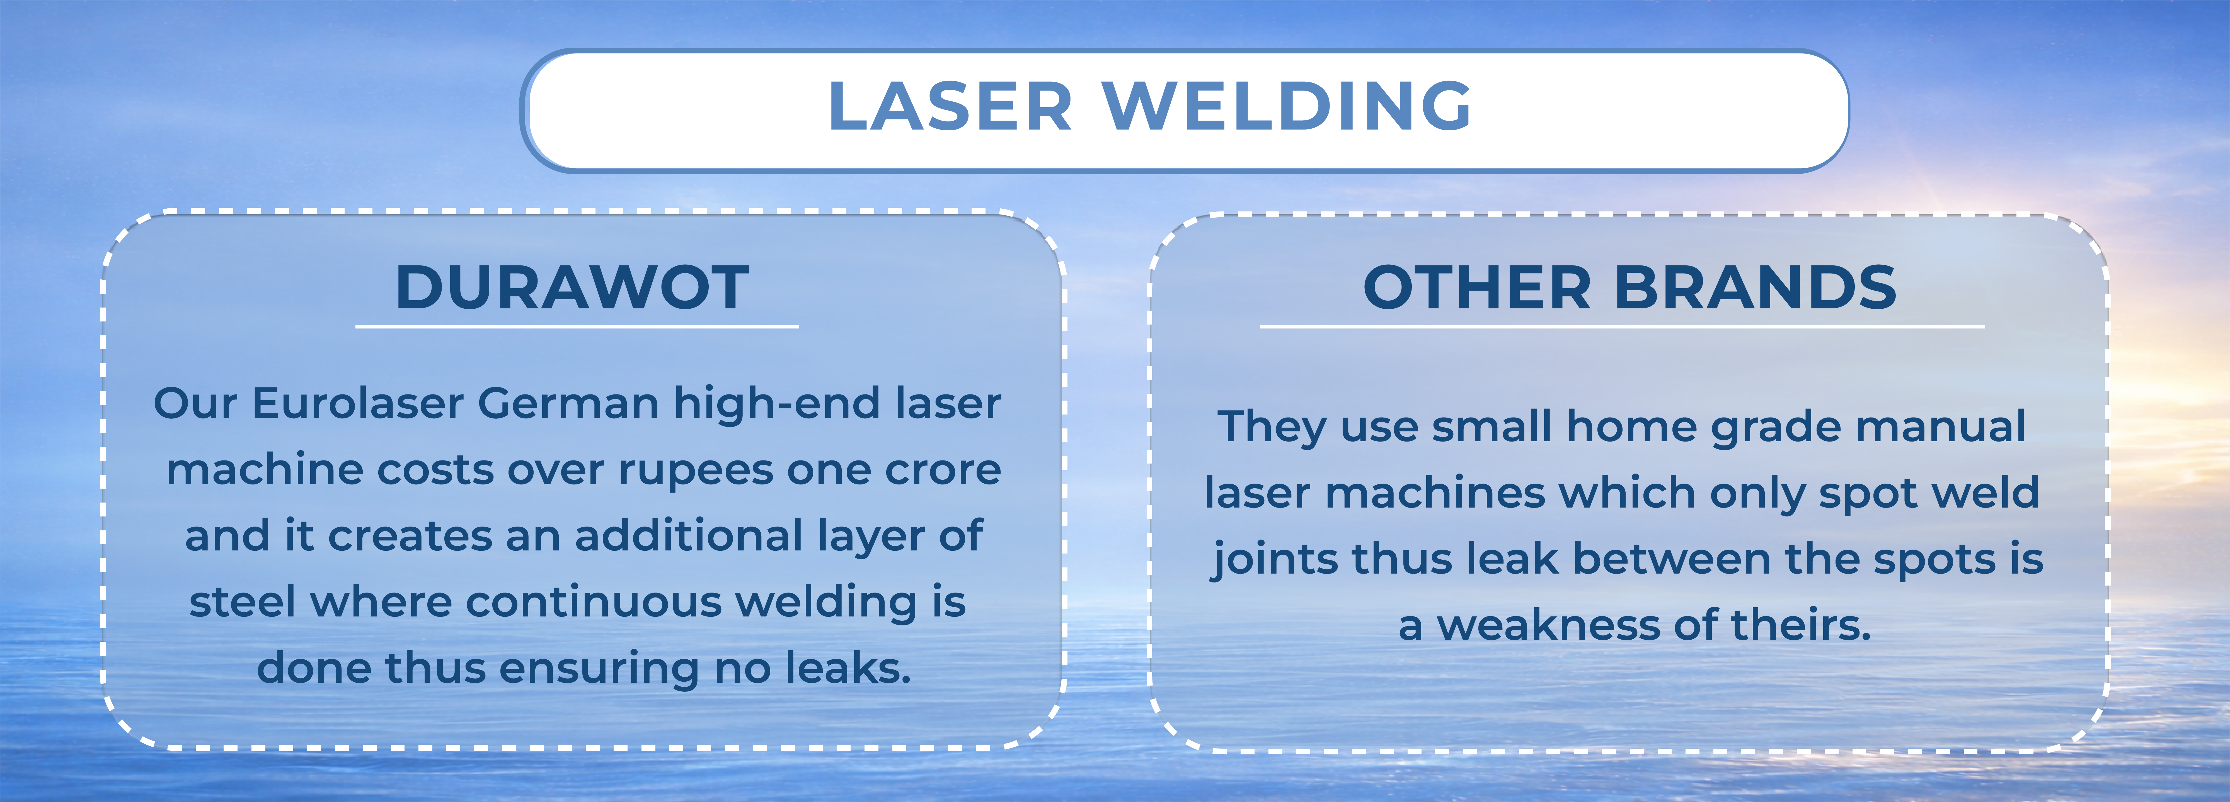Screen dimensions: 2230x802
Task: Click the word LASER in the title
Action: (x=950, y=106)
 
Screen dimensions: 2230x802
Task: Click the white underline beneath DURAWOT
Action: (x=577, y=326)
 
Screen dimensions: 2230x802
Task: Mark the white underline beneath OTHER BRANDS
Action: (x=1622, y=326)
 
